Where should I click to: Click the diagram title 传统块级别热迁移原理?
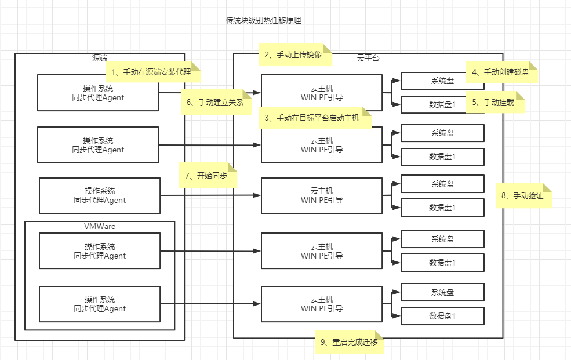263,20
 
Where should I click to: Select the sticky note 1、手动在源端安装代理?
153,72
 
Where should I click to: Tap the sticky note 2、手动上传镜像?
295,55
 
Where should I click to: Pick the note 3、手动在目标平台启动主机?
315,118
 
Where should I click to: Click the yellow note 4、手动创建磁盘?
502,72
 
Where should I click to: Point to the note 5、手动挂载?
495,102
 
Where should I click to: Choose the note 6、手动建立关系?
216,102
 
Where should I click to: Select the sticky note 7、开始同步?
208,176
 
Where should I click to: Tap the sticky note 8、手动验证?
523,195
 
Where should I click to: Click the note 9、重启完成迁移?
349,342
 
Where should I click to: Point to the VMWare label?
100,226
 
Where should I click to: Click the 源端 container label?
100,58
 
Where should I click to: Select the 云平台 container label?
368,58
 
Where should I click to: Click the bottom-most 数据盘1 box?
442,316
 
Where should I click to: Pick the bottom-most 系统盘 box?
442,292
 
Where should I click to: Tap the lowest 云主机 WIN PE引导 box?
322,304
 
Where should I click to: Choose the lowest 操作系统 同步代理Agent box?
100,304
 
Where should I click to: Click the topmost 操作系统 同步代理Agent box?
98,93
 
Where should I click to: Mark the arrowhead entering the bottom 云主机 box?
257,304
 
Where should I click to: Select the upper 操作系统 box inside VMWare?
100,251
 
